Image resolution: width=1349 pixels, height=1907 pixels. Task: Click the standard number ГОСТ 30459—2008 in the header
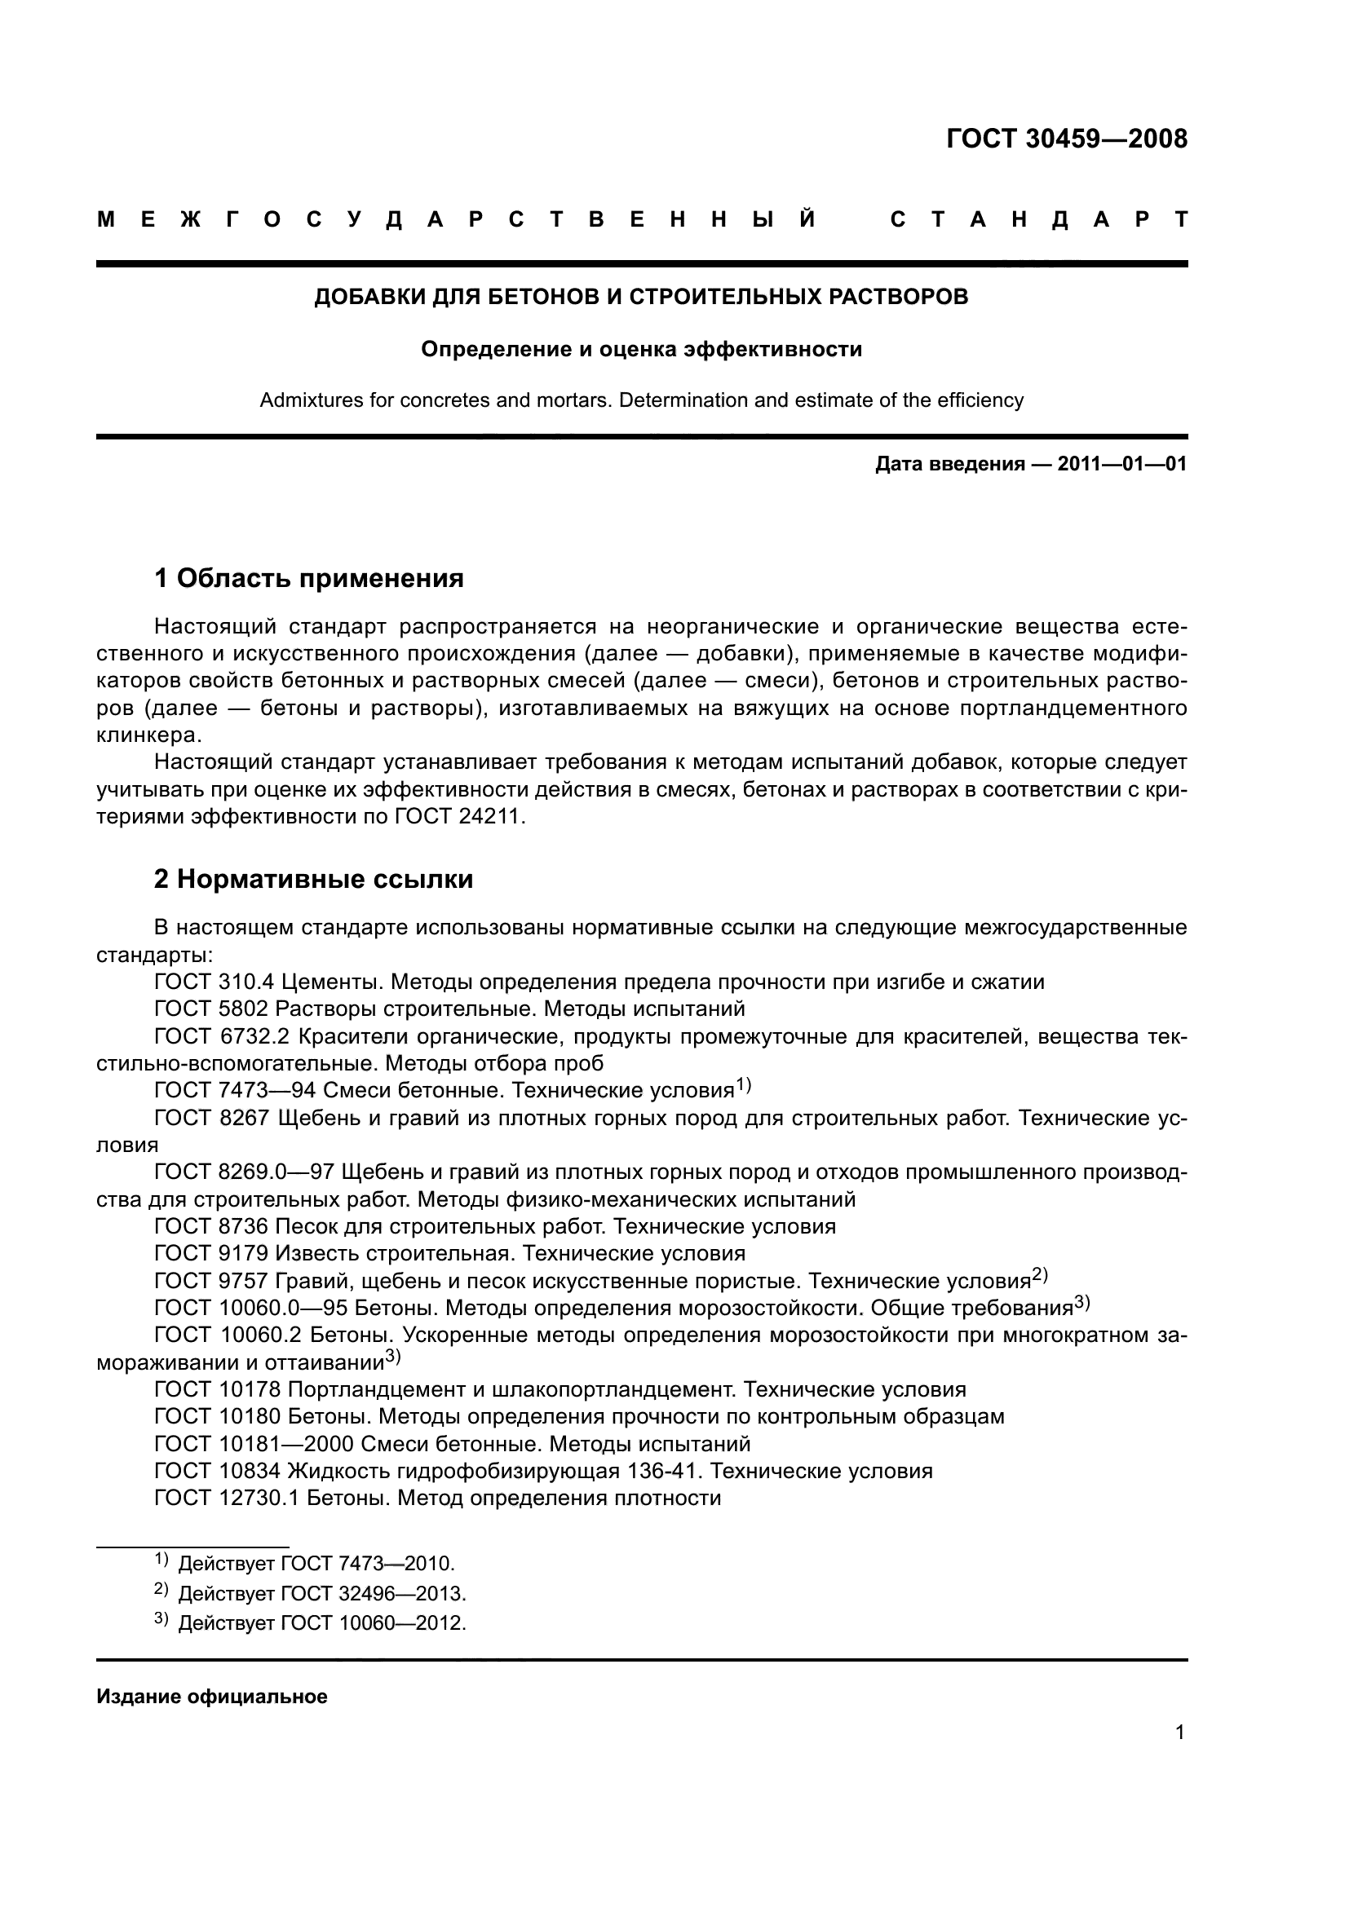pos(1067,139)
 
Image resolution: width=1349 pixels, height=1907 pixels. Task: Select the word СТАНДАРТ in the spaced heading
pos(1038,220)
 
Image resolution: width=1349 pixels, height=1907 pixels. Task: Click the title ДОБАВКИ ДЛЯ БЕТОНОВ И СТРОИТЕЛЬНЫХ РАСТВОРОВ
pos(640,297)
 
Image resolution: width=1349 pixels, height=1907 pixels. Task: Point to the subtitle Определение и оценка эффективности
pos(640,350)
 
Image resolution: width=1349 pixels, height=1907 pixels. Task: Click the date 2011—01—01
pos(1121,464)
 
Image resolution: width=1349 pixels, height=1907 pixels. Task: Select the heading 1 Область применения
pos(309,578)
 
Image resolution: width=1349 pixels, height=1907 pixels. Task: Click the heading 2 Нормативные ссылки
pos(313,879)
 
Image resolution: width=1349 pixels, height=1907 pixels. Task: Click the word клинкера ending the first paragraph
pos(147,736)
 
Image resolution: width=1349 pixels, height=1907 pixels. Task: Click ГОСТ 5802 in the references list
pos(211,1009)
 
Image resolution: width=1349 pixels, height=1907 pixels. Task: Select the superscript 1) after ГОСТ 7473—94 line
pos(743,1084)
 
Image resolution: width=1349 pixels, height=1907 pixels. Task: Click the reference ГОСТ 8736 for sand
pos(211,1227)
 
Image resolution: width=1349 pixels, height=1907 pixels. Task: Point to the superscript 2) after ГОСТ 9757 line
pos(1040,1275)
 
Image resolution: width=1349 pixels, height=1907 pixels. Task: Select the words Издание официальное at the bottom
pos(212,1697)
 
